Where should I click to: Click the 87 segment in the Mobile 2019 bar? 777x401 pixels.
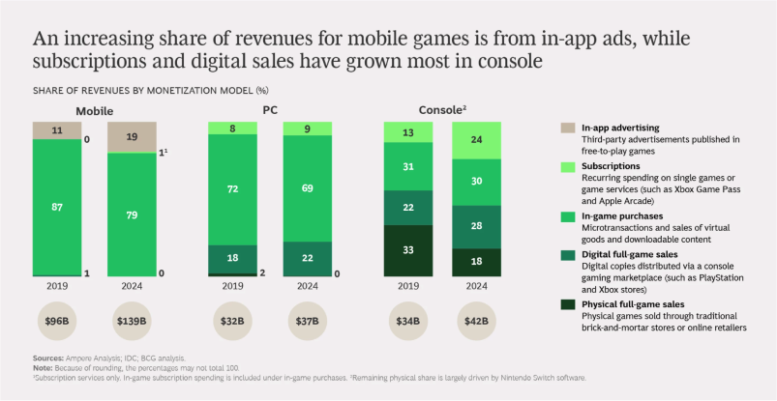(x=56, y=207)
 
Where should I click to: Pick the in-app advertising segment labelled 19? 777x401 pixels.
(x=132, y=136)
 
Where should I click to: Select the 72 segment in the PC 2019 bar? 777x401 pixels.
(x=232, y=188)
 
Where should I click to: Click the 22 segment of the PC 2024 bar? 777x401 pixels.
(x=308, y=258)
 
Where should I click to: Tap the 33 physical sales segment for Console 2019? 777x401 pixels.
(x=408, y=250)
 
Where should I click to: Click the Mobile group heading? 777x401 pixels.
(x=94, y=110)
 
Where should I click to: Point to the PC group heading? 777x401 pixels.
(x=270, y=110)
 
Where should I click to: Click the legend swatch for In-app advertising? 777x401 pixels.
(x=567, y=128)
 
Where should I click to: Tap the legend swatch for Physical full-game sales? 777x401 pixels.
(x=567, y=305)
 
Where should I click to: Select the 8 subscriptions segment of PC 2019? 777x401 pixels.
(x=232, y=128)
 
